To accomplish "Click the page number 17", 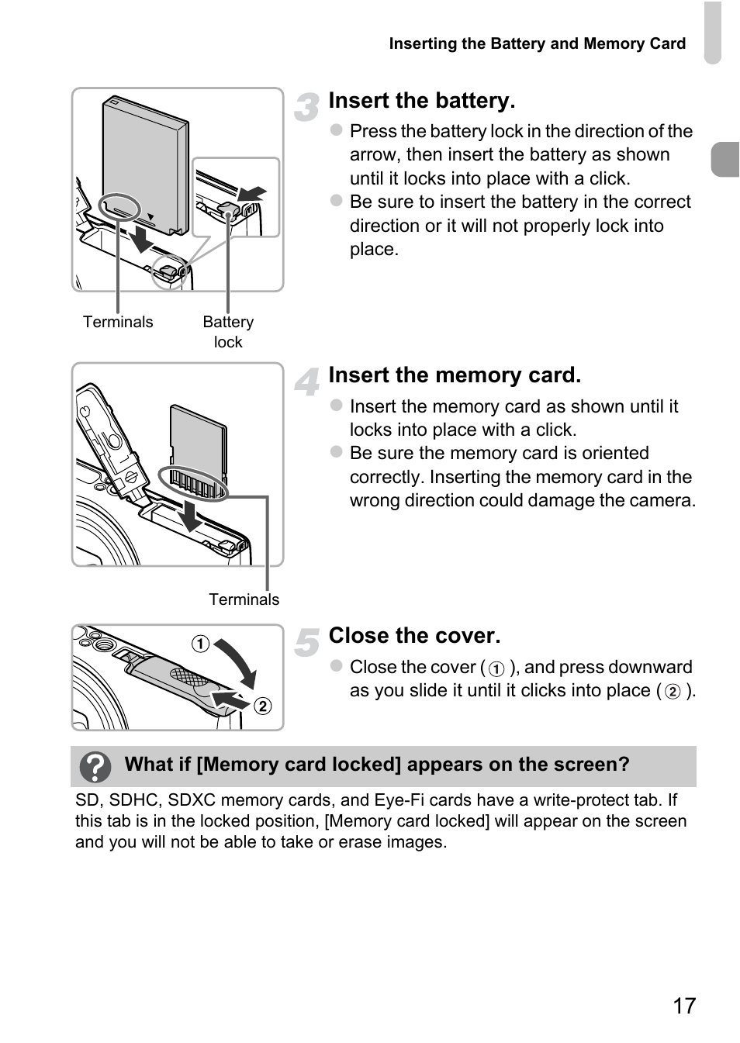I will pos(684,1006).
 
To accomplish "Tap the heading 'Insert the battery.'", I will pos(421,101).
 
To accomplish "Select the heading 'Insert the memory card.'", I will pos(455,375).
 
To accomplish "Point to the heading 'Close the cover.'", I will pos(414,636).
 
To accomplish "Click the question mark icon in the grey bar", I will pos(96,767).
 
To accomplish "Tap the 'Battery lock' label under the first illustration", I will pos(228,332).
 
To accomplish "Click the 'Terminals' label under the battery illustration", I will pos(118,322).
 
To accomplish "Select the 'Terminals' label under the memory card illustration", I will pos(244,599).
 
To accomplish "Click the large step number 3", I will pos(307,108).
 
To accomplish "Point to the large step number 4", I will pos(307,382).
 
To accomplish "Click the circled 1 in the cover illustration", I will pos(201,644).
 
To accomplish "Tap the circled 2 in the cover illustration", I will pos(263,706).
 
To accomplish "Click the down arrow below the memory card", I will pos(189,514).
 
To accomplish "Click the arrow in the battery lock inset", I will pos(253,193).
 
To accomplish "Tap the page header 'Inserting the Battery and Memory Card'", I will pos(537,43).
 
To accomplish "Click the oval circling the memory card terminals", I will pos(192,483).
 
